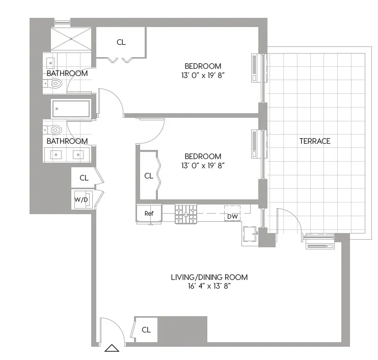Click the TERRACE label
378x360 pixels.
[315, 141]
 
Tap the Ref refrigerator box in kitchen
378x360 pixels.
[149, 214]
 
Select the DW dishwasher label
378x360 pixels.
[232, 217]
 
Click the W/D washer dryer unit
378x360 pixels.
[82, 199]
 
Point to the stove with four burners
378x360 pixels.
[186, 214]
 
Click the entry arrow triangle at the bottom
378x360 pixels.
[112, 349]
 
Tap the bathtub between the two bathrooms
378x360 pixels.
[71, 109]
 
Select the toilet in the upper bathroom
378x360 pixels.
[53, 84]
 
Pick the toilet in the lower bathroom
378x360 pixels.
[53, 130]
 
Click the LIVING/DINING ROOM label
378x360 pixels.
[209, 277]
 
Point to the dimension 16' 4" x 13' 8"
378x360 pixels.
[209, 286]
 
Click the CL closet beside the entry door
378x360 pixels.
[146, 330]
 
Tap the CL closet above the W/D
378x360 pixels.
[84, 178]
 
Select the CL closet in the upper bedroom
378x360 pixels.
[121, 42]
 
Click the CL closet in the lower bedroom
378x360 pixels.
[148, 176]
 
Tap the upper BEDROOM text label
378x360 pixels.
[203, 66]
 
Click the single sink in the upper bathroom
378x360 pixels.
[50, 63]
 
